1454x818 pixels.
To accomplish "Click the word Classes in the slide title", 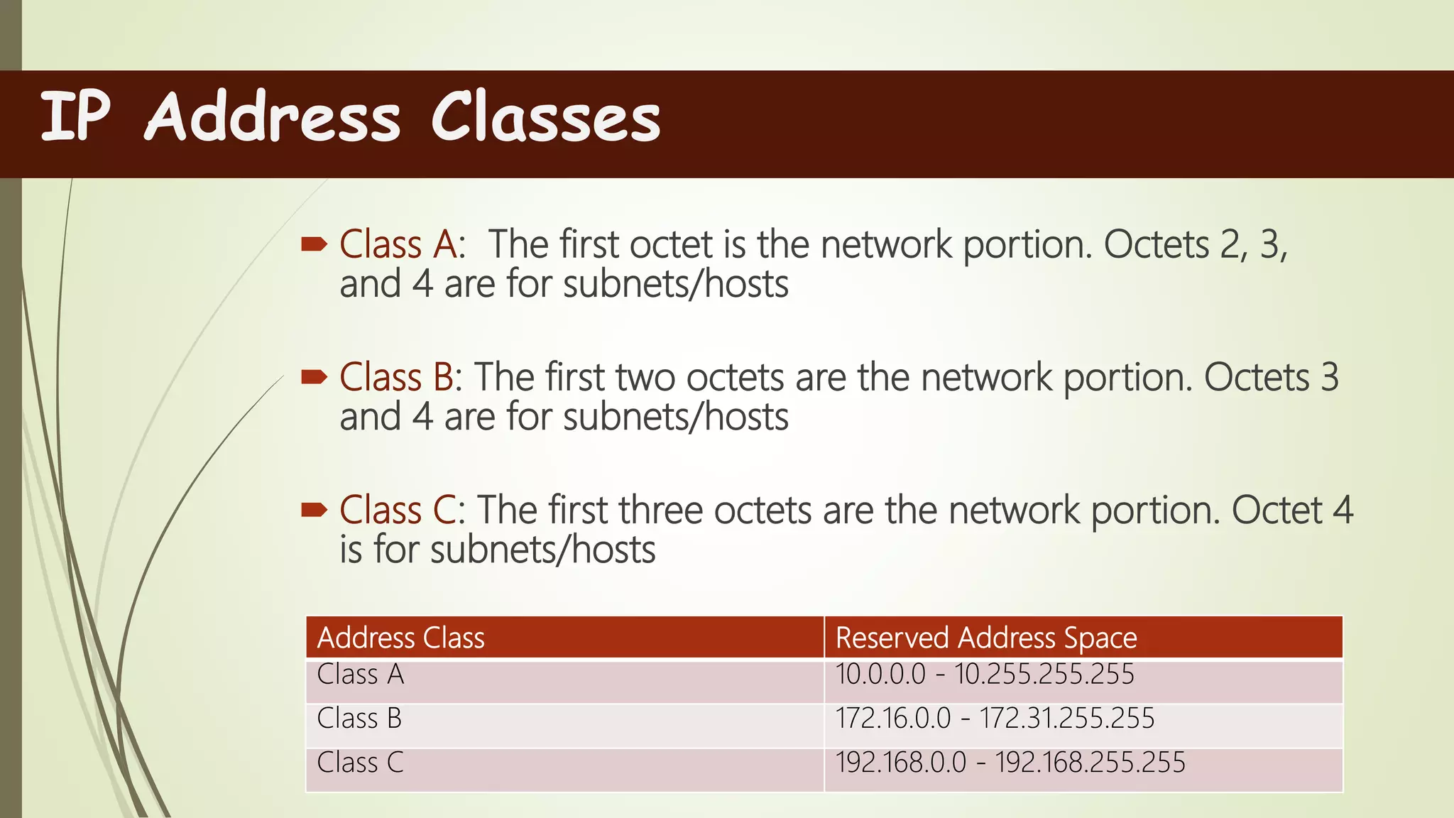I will click(545, 118).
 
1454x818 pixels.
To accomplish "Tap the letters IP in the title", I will click(75, 116).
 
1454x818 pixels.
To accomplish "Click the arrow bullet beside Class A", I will click(314, 245).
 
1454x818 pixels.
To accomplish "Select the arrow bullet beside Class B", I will click(314, 377).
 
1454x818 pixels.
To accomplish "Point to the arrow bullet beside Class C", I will click(314, 510).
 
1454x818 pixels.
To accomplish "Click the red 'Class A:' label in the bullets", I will click(402, 245).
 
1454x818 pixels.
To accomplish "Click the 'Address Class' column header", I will click(400, 638).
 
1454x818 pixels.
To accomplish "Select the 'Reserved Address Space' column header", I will click(986, 638).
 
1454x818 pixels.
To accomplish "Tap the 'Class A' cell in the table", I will click(360, 674).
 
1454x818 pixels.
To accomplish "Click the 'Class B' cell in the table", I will click(359, 719).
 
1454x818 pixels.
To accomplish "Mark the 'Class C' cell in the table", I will click(360, 763).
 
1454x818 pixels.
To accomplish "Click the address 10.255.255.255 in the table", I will click(1044, 674).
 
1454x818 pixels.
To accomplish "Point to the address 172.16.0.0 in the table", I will click(892, 719).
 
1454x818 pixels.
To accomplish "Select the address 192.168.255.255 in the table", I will click(1090, 763).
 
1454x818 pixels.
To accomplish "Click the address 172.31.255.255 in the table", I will click(1067, 719).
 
